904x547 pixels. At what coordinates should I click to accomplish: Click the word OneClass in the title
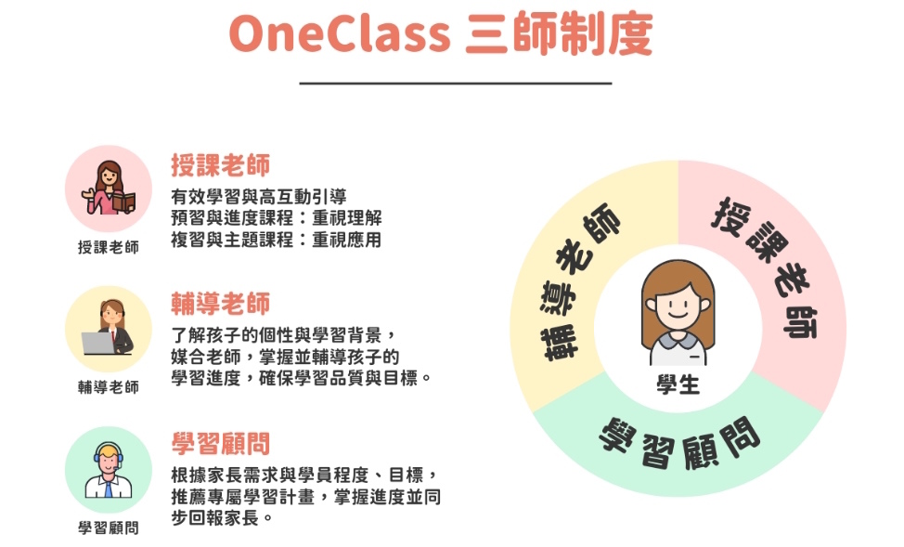(x=340, y=34)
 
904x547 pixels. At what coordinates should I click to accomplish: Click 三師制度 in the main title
(x=559, y=34)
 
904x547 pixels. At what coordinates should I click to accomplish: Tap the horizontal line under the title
(x=456, y=84)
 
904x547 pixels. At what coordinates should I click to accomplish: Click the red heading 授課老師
(x=220, y=165)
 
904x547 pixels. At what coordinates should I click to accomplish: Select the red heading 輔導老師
(x=220, y=304)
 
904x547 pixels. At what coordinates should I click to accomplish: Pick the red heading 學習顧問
(x=220, y=444)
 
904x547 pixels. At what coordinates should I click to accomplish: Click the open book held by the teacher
(x=124, y=202)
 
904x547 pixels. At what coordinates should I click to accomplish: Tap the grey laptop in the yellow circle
(x=98, y=344)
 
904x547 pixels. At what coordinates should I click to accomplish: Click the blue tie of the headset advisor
(x=109, y=489)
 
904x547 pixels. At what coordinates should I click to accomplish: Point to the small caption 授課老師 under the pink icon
(x=109, y=247)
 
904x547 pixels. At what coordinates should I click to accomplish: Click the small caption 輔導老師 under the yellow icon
(x=109, y=386)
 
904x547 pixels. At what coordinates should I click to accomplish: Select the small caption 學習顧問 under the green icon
(x=109, y=527)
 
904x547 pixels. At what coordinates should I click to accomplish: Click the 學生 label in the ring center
(x=678, y=384)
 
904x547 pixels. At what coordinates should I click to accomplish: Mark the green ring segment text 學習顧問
(x=680, y=443)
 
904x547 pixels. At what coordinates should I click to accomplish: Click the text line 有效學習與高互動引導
(x=258, y=197)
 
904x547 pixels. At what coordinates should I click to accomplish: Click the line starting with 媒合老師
(x=285, y=357)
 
